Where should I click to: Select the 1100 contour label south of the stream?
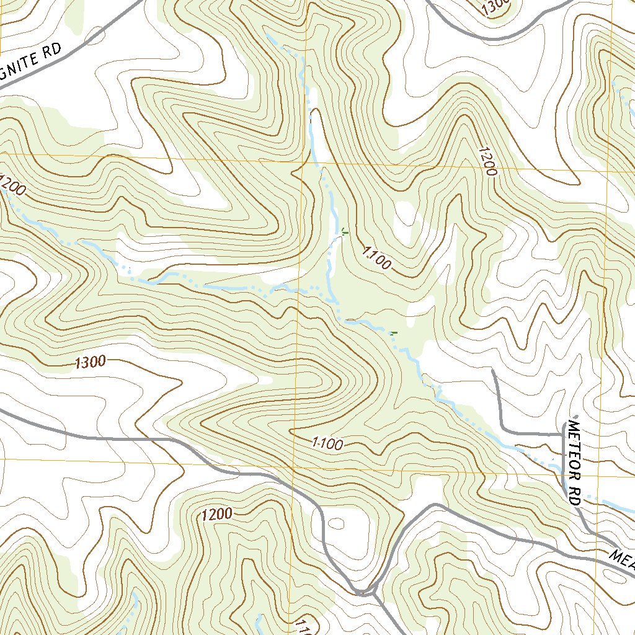[x=327, y=443]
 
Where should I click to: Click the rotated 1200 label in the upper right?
[x=488, y=161]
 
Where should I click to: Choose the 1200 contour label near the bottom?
[x=216, y=514]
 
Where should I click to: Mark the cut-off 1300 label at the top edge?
[x=495, y=6]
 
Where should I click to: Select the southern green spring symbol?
[x=393, y=334]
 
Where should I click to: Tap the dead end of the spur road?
[x=493, y=371]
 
